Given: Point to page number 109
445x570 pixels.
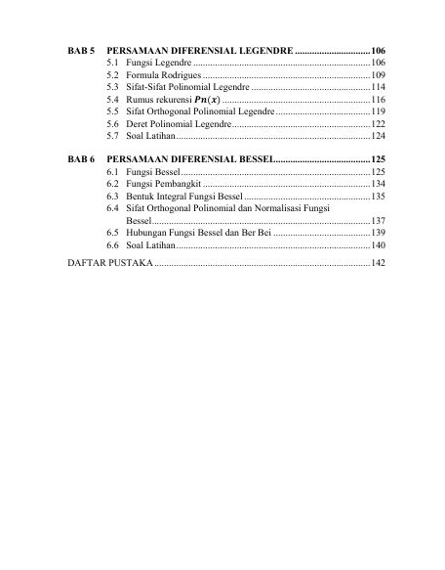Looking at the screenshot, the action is (x=379, y=75).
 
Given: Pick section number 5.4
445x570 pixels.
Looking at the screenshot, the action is (x=114, y=101).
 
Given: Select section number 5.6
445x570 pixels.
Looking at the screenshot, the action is (x=114, y=126).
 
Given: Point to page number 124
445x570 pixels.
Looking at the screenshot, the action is (x=379, y=139).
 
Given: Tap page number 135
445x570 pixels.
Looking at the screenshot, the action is (x=379, y=197).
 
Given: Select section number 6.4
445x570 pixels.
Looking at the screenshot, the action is (x=114, y=209).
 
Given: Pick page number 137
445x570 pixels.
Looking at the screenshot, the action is (x=379, y=221).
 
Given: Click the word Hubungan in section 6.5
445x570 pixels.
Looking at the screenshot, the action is (x=150, y=234).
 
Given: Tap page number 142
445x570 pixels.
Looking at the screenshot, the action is (x=379, y=265).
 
